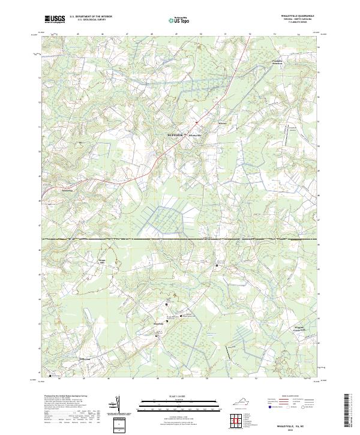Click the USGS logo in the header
coord(55,20)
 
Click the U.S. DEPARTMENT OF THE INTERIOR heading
coord(90,17)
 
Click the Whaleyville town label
coord(197,135)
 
